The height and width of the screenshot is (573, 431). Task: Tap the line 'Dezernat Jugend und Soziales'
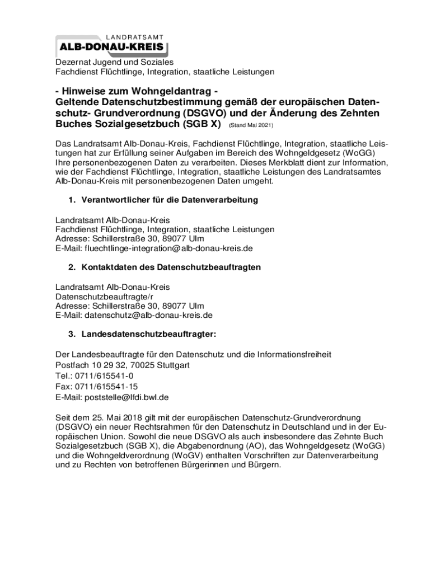pyautogui.click(x=114, y=62)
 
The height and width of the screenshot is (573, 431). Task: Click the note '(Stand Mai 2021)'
pyautogui.click(x=251, y=125)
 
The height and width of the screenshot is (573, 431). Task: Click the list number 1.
pyautogui.click(x=71, y=200)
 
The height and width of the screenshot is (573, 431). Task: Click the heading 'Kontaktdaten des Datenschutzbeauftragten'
pyautogui.click(x=171, y=267)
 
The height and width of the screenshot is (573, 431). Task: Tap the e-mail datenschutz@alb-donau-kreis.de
pyautogui.click(x=148, y=316)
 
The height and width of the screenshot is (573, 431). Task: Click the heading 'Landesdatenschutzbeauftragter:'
pyautogui.click(x=148, y=335)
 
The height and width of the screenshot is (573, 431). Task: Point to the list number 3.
pyautogui.click(x=71, y=335)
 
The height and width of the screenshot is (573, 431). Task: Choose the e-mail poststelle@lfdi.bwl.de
pyautogui.click(x=127, y=397)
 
